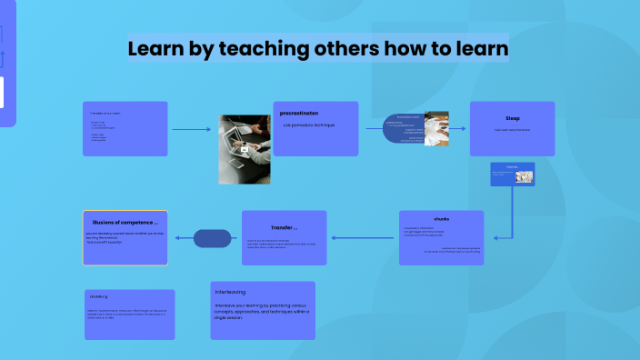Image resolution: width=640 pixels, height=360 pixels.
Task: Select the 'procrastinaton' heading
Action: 299,114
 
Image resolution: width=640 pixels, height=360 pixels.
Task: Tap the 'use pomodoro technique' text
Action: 309,125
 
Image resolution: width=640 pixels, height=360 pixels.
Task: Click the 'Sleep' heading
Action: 512,118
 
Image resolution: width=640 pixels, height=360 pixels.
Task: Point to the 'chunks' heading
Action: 441,219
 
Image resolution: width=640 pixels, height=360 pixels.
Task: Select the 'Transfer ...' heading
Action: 284,227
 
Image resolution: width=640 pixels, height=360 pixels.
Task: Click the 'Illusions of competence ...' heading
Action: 125,222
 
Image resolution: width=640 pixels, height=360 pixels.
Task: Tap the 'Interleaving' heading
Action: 231,292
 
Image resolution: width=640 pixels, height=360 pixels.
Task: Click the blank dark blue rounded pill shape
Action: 213,238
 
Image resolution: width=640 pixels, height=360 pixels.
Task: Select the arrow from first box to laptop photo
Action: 191,129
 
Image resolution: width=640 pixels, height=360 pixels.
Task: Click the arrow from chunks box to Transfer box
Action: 364,238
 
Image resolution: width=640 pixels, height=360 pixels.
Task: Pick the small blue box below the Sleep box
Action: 512,174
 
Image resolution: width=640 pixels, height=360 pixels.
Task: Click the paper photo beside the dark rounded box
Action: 437,128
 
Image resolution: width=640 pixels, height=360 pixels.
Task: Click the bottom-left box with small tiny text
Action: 128,314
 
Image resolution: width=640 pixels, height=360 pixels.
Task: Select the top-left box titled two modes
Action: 125,128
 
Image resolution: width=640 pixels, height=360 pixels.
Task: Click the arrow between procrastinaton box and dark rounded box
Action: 374,128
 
